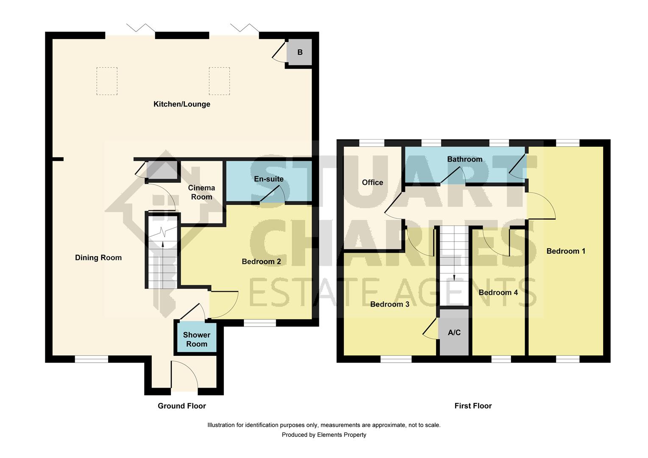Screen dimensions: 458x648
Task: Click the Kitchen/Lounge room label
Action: (182, 104)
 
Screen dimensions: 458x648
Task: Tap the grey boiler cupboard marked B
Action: (300, 53)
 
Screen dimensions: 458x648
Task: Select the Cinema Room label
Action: (201, 192)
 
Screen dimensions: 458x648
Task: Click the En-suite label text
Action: (268, 179)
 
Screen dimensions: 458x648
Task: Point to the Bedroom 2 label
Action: (261, 262)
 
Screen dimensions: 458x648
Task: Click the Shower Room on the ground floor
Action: (196, 339)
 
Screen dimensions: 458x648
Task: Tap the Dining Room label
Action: (98, 257)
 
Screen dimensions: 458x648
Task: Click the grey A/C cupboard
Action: (454, 332)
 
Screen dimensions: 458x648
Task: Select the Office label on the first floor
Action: (372, 182)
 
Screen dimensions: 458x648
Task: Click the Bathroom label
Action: (464, 159)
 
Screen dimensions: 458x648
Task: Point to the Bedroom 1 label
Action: (565, 251)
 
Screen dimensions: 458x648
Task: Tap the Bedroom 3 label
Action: (389, 304)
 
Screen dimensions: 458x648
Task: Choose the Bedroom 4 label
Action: (498, 293)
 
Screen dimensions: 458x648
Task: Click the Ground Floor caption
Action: (182, 406)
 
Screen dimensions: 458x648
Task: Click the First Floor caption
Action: (473, 406)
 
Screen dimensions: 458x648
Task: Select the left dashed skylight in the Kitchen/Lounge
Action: (107, 81)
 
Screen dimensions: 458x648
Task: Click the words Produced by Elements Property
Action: (324, 435)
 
